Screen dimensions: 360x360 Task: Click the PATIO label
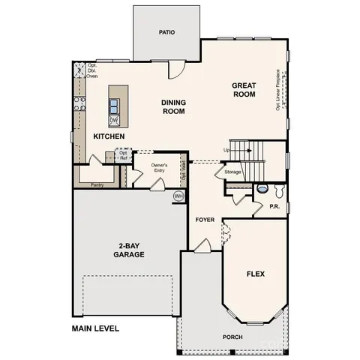(x=166, y=33)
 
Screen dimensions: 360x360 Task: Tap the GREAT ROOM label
(x=244, y=90)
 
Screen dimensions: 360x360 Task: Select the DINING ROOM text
(x=173, y=106)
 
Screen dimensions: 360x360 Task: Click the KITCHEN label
(x=109, y=136)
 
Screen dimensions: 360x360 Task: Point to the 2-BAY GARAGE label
(x=130, y=250)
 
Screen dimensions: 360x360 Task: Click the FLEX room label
(x=256, y=274)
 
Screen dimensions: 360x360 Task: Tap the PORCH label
(x=232, y=337)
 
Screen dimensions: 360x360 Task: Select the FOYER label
(x=205, y=220)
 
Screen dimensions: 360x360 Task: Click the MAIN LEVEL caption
(x=95, y=328)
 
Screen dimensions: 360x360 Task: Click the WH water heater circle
(x=178, y=196)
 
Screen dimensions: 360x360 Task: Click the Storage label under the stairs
(x=232, y=172)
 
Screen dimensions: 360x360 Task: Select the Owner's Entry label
(x=159, y=167)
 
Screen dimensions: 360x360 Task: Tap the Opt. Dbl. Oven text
(x=92, y=70)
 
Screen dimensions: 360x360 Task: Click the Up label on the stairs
(x=226, y=149)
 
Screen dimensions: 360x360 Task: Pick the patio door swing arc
(x=174, y=70)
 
